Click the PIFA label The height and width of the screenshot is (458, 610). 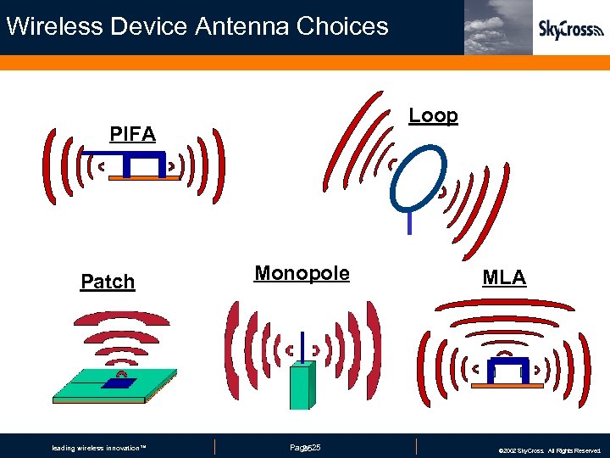(133, 134)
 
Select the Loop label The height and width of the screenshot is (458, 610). (433, 115)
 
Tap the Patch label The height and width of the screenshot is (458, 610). (108, 282)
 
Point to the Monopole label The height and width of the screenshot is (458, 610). (302, 273)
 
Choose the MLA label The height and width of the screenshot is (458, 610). (504, 277)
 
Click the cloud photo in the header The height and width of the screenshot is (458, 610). (498, 27)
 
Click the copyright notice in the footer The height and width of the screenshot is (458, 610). (549, 450)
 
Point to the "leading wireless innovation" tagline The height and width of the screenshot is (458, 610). (99, 448)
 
